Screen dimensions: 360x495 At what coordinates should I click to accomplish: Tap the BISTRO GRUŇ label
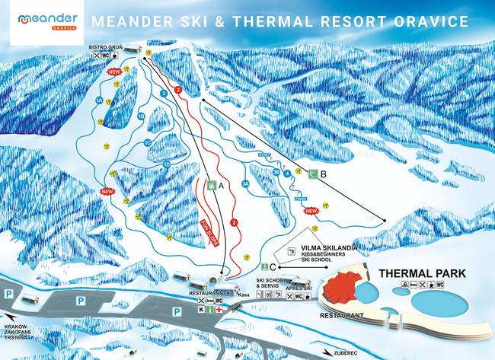(x=105, y=47)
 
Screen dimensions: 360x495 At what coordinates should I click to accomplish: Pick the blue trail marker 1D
(x=166, y=164)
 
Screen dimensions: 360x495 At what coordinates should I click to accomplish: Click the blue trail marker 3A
(x=244, y=183)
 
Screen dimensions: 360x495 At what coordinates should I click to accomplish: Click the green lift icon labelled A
(x=211, y=184)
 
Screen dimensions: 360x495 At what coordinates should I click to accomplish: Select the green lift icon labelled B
(x=312, y=174)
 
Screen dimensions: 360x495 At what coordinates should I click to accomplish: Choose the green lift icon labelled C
(x=263, y=266)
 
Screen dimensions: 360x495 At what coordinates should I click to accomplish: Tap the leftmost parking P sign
(x=8, y=293)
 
